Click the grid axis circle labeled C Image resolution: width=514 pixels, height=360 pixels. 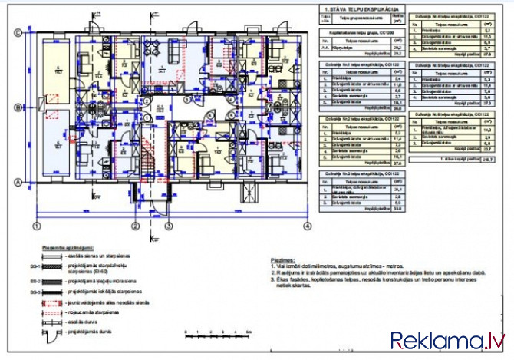(17, 31)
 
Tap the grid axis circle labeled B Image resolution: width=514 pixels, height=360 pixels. (17, 108)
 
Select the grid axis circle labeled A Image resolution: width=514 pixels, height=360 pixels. (17, 181)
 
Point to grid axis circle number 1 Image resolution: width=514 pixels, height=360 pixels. (36, 226)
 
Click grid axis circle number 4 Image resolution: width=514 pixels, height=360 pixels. (306, 226)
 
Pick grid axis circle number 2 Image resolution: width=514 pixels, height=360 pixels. (135, 226)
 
